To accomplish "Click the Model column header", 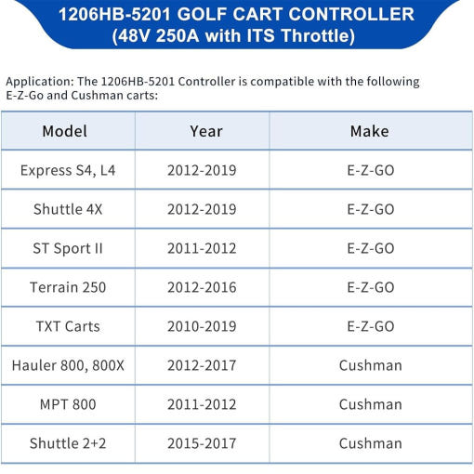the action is [64, 131].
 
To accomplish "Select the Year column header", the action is [206, 131].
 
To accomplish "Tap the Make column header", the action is [370, 131].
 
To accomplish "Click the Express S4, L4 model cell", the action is [68, 170].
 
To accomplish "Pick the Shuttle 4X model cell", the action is [68, 209].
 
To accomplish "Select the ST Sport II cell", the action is [68, 248].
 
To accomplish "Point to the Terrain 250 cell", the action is [68, 287].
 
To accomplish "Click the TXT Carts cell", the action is [68, 326].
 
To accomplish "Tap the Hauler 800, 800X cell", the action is [68, 365].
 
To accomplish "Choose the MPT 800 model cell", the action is [68, 404].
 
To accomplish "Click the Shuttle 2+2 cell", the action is [68, 443].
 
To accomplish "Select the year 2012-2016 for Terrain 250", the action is [202, 287].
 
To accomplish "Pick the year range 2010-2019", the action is [202, 326].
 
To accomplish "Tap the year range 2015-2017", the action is [202, 443].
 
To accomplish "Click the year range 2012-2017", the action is [202, 365].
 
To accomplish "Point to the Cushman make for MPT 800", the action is [371, 404].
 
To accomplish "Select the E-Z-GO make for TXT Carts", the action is [371, 326].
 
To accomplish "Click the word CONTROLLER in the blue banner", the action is [352, 14].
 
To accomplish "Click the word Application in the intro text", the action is [40, 82].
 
